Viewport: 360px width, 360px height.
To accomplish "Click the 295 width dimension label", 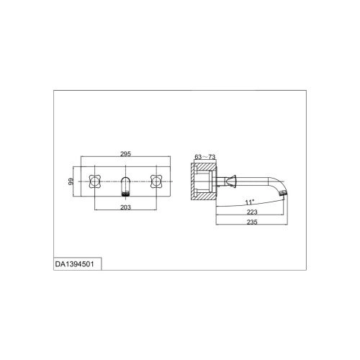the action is (x=125, y=154).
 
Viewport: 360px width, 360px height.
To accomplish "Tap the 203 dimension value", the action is (x=125, y=207).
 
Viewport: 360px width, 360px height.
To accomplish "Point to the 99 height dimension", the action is (x=71, y=181).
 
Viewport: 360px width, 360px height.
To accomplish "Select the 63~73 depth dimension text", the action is (x=204, y=157).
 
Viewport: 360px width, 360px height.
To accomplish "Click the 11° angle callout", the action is (x=249, y=202).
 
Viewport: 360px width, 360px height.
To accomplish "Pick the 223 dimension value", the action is (x=252, y=212).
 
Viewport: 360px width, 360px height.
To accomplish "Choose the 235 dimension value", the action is (x=252, y=222).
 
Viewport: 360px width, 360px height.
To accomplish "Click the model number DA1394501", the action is (x=75, y=264).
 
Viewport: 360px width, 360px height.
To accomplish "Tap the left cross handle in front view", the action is (x=95, y=181).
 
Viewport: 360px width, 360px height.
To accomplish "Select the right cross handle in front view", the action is (x=156, y=181).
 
